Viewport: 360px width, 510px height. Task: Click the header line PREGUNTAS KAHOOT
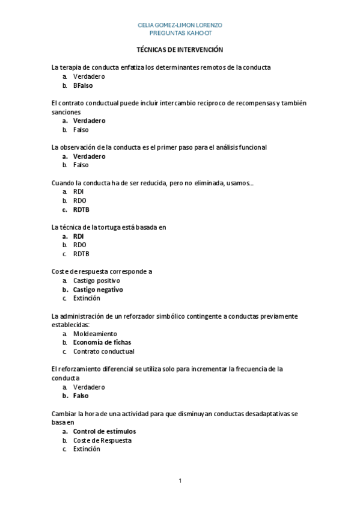click(180, 32)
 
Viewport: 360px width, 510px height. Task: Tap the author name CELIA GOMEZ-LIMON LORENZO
click(180, 25)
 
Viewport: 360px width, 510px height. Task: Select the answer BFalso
click(83, 85)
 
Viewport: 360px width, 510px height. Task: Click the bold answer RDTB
click(81, 209)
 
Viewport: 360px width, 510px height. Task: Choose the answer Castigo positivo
click(96, 280)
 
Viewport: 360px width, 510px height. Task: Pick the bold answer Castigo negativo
click(98, 289)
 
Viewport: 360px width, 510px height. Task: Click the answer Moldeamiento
click(95, 333)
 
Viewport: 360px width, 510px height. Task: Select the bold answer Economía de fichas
click(102, 342)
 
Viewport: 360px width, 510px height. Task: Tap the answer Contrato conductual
click(103, 351)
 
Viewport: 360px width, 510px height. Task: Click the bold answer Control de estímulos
click(105, 431)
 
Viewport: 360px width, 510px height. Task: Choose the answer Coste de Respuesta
click(102, 440)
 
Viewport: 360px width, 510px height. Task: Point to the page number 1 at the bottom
click(180, 481)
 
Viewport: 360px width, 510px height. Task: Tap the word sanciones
click(66, 112)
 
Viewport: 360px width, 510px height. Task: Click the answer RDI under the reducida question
click(78, 191)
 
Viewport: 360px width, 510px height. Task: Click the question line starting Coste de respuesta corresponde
click(102, 271)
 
